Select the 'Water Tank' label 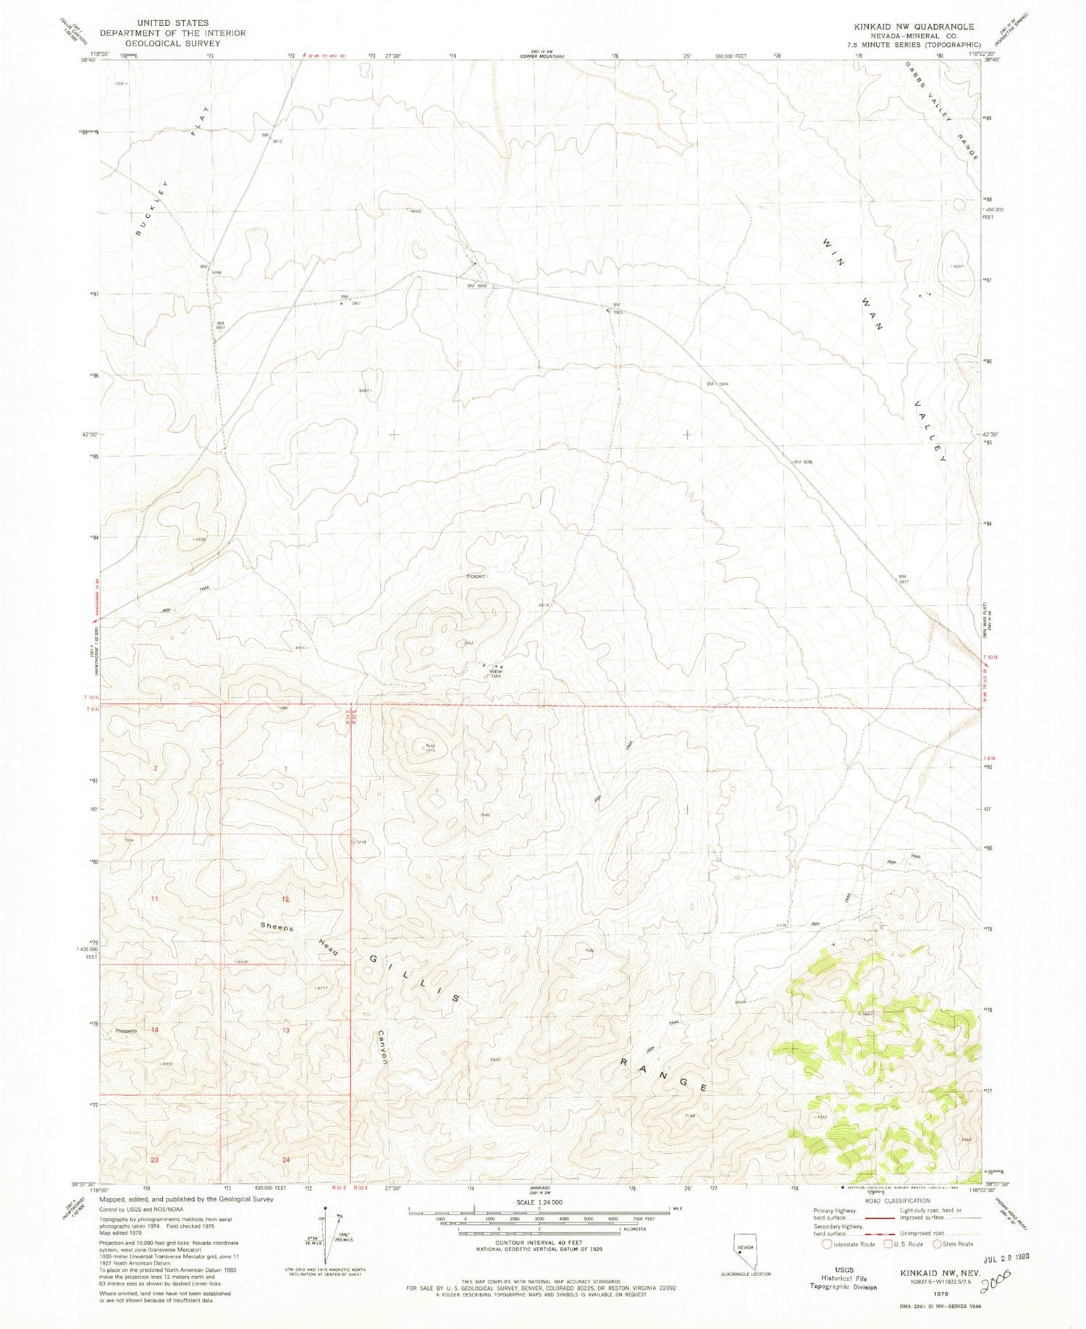tap(496, 672)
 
